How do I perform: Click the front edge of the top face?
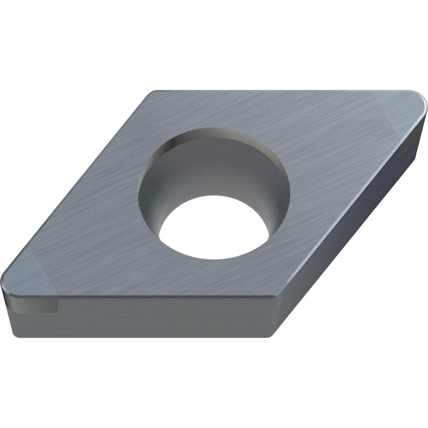[163, 296]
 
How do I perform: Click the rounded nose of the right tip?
[424, 103]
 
